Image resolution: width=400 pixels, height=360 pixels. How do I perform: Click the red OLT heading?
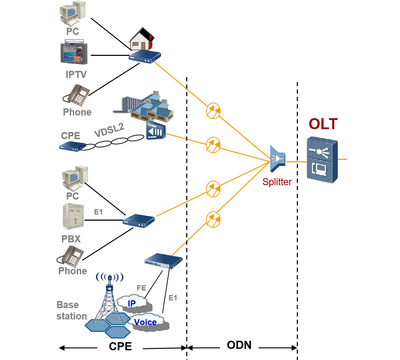point(323,124)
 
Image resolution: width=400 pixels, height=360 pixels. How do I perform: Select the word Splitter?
point(277,182)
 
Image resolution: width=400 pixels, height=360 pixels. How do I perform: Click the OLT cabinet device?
point(322,160)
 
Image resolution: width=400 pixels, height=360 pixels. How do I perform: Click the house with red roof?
point(141,39)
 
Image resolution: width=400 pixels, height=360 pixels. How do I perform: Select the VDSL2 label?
point(109,130)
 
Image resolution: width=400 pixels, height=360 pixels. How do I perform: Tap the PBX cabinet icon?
point(73,216)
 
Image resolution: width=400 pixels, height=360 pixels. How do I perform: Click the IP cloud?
point(132,303)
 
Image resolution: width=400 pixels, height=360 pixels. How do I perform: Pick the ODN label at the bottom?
point(239,345)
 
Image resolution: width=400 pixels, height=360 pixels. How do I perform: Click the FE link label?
point(141,288)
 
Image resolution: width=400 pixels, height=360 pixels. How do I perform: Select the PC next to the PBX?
point(74,178)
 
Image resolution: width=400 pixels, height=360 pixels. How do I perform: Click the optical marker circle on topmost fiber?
point(213,110)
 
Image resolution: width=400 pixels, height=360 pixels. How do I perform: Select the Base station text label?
point(71,310)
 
